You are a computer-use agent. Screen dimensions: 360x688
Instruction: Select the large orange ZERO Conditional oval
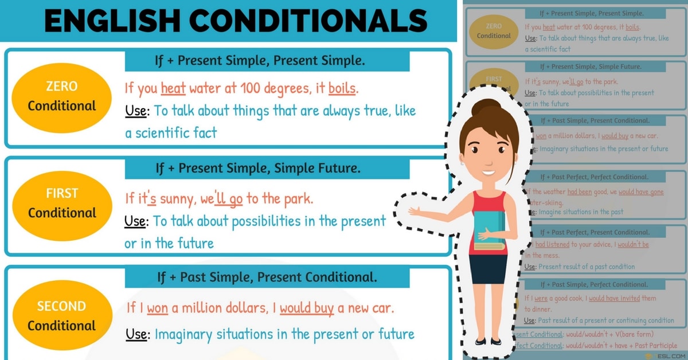(62, 96)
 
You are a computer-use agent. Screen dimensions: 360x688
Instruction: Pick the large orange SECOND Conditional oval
(62, 316)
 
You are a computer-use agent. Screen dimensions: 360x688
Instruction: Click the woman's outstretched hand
(414, 211)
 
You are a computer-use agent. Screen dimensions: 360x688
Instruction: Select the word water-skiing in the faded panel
(544, 202)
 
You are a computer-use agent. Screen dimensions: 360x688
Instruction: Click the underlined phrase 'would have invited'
(614, 298)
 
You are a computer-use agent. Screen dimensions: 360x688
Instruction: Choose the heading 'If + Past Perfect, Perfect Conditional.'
(595, 177)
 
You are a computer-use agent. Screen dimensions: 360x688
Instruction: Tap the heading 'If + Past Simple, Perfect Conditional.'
(595, 284)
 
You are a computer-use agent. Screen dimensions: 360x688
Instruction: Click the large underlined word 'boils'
(342, 89)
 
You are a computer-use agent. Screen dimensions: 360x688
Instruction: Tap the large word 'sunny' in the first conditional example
(178, 199)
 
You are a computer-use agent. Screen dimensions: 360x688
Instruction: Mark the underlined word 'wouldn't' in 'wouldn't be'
(629, 244)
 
